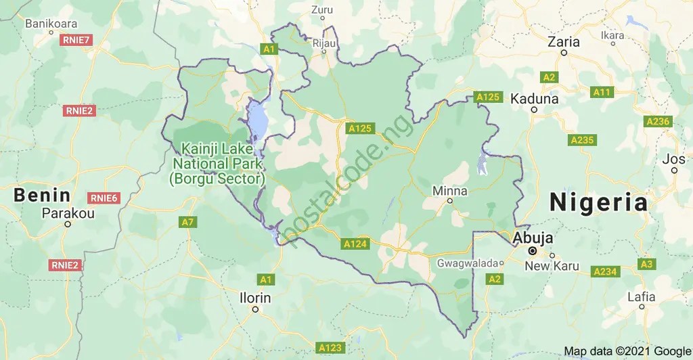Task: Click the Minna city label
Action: (449, 191)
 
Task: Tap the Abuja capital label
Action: (533, 238)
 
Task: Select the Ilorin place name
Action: (255, 298)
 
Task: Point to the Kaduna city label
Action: (534, 98)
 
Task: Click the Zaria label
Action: (564, 41)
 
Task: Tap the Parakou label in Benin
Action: (68, 213)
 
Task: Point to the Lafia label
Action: (641, 296)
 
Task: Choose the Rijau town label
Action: (325, 43)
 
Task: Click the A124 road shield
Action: (355, 243)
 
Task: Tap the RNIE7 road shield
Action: (76, 41)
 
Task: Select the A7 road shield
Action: (188, 222)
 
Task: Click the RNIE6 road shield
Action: (104, 198)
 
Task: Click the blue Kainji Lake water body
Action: (258, 118)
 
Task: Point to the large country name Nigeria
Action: (598, 202)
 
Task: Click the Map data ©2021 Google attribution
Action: (627, 351)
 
